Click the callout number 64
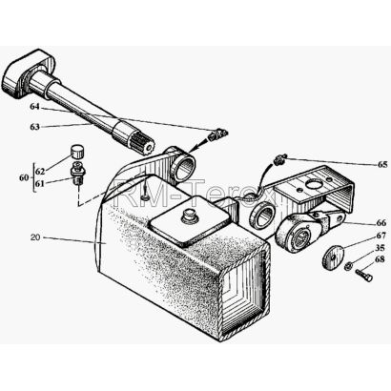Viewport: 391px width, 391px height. coord(34,107)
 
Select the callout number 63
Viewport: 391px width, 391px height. coord(34,127)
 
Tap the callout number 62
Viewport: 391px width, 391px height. coord(40,172)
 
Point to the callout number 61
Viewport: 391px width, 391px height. coord(40,183)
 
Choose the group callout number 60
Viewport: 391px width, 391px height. coord(24,177)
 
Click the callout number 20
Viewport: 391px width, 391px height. coord(35,237)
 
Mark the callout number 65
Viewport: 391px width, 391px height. coord(382,164)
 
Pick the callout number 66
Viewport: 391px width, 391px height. coord(381,222)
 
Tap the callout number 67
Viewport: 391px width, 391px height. coord(381,236)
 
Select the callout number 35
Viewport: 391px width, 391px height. coord(380,248)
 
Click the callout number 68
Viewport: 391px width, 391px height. coord(380,259)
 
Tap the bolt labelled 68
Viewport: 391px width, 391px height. coord(364,275)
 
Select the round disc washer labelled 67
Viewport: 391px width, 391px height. coord(334,257)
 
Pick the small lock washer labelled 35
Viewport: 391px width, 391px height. coord(348,265)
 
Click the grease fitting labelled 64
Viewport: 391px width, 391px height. coord(216,134)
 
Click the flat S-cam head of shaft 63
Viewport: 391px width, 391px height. coord(27,73)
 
